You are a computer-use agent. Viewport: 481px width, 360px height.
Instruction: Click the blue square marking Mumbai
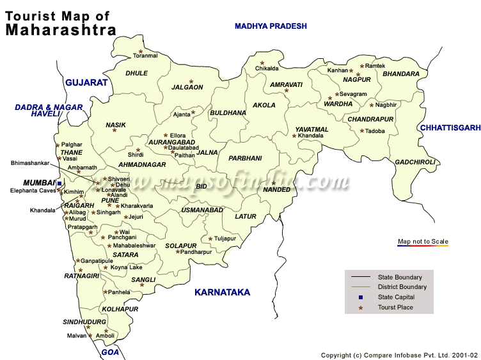coord(59,184)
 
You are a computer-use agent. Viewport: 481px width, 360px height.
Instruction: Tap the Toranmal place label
coord(145,56)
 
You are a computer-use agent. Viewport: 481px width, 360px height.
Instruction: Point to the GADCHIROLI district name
coord(414,162)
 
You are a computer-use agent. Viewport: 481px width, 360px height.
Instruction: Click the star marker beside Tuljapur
coord(210,239)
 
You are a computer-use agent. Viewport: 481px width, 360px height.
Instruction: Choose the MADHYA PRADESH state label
coord(271,26)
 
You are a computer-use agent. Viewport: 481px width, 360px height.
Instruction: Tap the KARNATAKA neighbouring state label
coord(222,292)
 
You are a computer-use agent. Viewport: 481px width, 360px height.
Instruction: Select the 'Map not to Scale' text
coord(423,241)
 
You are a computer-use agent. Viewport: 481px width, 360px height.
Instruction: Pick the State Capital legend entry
coord(396,297)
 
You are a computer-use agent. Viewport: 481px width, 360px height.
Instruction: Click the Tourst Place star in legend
coord(360,308)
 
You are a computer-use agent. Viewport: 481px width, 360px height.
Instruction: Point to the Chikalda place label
coord(267,68)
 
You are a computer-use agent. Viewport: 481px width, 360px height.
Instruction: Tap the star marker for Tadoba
coord(362,131)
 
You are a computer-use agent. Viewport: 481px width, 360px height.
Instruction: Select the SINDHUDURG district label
coord(84,322)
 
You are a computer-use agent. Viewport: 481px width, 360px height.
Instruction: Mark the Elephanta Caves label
coord(33,191)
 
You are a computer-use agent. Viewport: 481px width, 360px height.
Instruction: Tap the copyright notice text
coord(399,354)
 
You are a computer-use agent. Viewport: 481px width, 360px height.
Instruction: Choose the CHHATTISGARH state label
coord(450,128)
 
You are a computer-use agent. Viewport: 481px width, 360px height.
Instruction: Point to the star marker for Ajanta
coord(193,113)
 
